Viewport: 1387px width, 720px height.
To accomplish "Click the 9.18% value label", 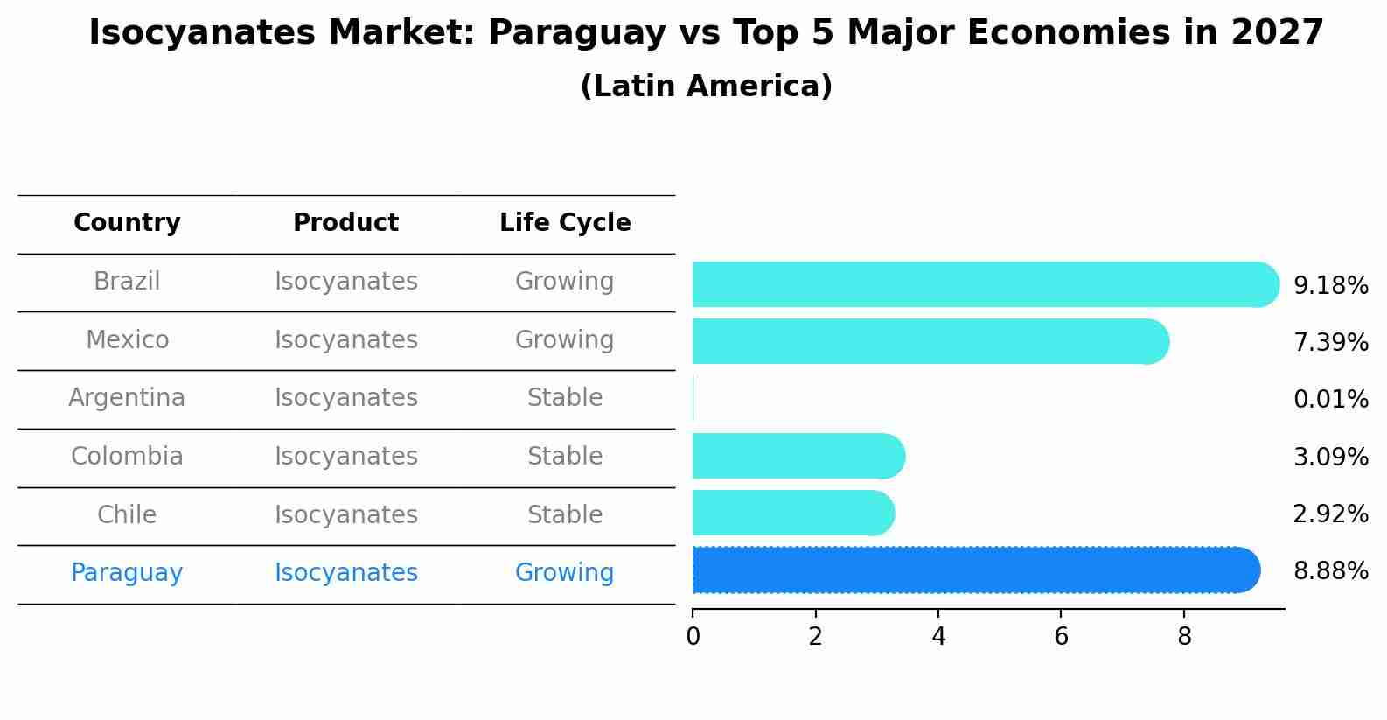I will click(x=1330, y=286).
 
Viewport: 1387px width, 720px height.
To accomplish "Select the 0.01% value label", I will click(x=1330, y=400).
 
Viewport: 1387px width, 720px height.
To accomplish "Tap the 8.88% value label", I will click(x=1330, y=571).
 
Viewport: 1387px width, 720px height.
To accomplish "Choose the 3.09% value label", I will click(x=1330, y=457).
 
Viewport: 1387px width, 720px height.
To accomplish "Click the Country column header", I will click(x=127, y=223).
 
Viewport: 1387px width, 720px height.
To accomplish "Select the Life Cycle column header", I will click(x=565, y=223).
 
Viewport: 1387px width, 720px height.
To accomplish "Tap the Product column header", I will click(x=345, y=223).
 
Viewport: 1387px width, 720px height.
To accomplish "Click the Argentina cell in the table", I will click(x=127, y=398).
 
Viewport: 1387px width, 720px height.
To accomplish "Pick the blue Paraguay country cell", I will click(x=127, y=573).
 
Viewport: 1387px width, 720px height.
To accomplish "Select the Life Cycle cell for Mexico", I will click(x=564, y=339).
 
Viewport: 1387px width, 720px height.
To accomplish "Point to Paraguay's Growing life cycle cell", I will click(x=564, y=573).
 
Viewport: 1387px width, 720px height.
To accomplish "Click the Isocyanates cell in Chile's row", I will click(x=345, y=514).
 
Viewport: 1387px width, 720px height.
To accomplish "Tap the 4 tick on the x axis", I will click(x=938, y=636).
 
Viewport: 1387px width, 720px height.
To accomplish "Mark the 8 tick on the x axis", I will click(x=1184, y=636).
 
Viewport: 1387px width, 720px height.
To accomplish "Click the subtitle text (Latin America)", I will click(x=706, y=87).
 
